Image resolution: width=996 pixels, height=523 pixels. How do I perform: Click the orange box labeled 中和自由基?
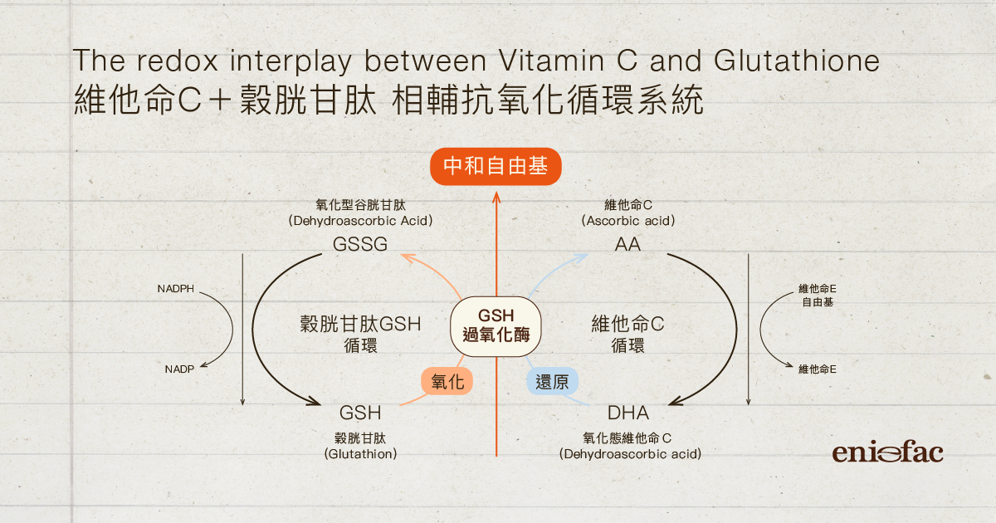click(x=496, y=167)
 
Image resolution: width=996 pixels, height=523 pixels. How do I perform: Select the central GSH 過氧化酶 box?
click(x=496, y=325)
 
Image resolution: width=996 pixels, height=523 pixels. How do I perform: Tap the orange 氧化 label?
click(x=447, y=381)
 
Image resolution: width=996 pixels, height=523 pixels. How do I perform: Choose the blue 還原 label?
click(x=552, y=381)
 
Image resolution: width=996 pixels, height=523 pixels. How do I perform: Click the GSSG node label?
click(x=360, y=245)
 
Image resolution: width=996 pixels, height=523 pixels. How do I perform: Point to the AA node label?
click(x=627, y=245)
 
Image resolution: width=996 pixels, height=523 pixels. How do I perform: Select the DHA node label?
click(x=628, y=413)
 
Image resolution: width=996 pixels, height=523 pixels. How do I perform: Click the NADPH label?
click(x=175, y=289)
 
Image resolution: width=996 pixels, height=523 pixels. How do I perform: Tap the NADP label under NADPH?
click(x=179, y=369)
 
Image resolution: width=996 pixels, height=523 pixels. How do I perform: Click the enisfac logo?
click(x=887, y=452)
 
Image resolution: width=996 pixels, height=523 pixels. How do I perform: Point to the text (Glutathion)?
click(x=360, y=454)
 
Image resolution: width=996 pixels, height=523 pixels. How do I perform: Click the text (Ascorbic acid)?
click(x=627, y=221)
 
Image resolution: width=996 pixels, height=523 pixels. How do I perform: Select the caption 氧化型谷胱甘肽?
click(x=360, y=204)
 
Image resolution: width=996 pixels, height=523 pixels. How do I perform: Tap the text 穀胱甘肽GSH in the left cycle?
click(x=360, y=324)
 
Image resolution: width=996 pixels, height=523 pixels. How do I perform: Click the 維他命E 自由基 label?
click(x=817, y=296)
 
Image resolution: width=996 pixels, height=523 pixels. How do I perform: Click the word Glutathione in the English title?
click(x=795, y=61)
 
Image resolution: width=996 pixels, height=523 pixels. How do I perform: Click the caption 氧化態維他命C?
click(x=627, y=437)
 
